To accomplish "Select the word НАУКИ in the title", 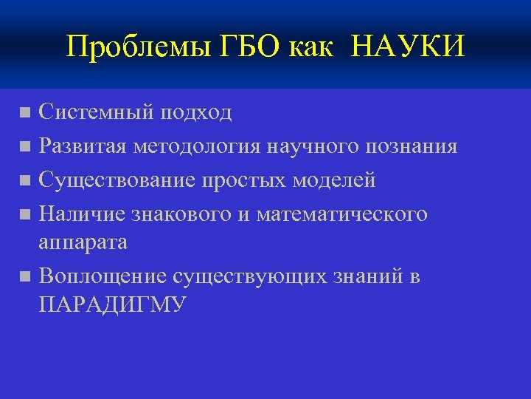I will pos(409,47).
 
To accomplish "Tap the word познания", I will pos(411,146).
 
